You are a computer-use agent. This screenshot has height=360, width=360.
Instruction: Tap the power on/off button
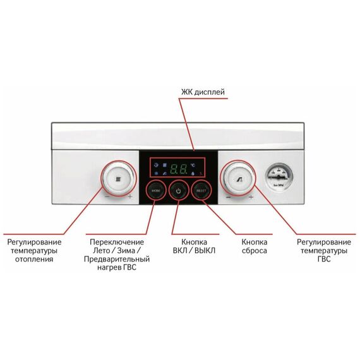click(178, 191)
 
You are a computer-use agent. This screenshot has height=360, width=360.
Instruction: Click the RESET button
click(201, 191)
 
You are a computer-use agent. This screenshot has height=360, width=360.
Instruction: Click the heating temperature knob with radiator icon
click(119, 179)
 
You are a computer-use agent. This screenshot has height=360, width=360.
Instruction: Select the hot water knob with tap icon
click(239, 179)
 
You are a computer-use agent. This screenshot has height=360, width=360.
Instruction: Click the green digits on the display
click(178, 169)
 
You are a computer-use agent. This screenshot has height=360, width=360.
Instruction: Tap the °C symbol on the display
click(193, 165)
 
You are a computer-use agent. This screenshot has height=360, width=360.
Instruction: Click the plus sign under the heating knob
click(130, 196)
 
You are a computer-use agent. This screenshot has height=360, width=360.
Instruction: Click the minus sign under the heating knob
click(107, 197)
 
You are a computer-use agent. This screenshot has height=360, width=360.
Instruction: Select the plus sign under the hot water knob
click(251, 197)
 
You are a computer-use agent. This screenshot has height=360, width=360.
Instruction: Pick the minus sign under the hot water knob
click(228, 197)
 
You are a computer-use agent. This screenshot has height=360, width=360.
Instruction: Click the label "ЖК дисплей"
click(203, 92)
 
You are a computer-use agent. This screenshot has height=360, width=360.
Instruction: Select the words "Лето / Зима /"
click(117, 251)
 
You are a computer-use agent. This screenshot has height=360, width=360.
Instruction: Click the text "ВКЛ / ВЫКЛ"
click(195, 251)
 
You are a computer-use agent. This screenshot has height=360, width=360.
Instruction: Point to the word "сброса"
click(255, 251)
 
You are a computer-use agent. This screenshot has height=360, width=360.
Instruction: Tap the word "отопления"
click(34, 259)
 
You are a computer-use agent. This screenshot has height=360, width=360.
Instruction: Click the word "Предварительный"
click(117, 259)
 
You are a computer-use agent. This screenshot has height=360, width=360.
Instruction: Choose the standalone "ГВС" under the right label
click(324, 259)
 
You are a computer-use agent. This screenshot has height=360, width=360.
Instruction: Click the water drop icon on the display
click(193, 174)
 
